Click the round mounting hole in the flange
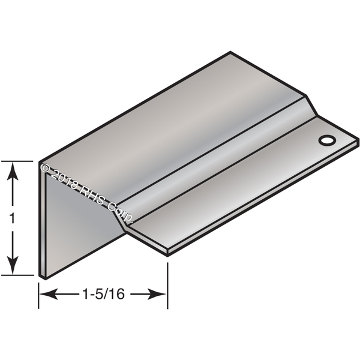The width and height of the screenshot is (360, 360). [x=326, y=140]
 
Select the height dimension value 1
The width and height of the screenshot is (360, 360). [x=12, y=220]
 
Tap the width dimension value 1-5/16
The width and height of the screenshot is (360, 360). [x=103, y=294]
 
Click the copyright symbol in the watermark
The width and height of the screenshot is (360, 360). [x=45, y=169]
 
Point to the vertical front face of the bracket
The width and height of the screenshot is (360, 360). [x=78, y=228]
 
